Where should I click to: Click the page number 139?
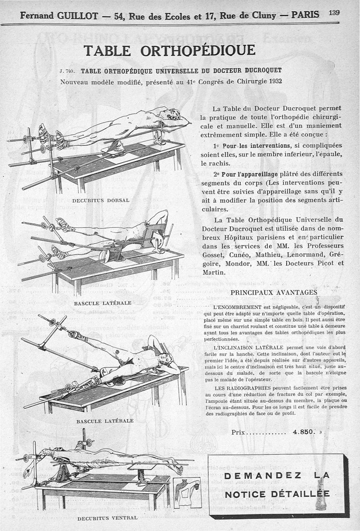click(334, 13)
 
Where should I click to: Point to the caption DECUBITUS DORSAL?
click(101, 200)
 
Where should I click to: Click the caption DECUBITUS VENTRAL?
click(108, 518)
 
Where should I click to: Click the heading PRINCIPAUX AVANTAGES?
click(274, 292)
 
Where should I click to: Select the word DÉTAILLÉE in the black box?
click(304, 495)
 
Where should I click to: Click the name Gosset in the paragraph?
click(214, 254)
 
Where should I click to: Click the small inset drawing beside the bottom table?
click(186, 492)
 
